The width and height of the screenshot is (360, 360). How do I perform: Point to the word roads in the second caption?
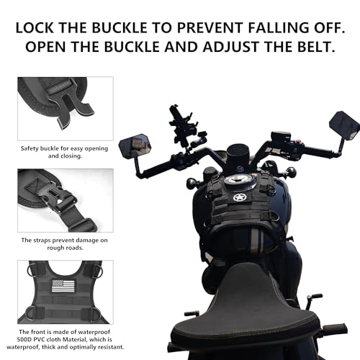49,248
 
